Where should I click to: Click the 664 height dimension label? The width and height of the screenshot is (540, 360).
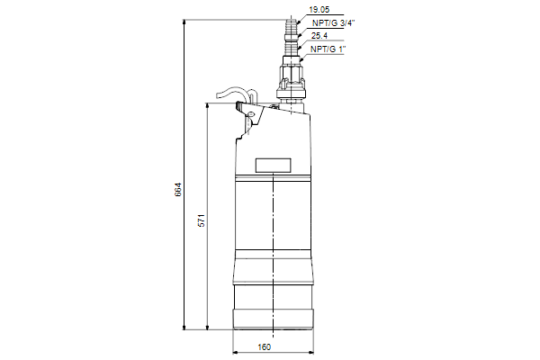click(x=177, y=190)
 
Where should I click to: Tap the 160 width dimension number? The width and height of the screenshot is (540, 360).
click(x=264, y=346)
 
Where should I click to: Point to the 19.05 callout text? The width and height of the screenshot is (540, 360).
click(x=319, y=10)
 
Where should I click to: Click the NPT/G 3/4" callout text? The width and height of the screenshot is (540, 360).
click(x=333, y=22)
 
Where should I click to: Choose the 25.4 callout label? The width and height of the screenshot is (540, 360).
click(x=319, y=35)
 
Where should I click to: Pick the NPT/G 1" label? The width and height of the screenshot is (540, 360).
click(x=328, y=49)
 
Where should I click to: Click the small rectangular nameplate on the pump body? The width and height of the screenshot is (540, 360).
click(x=273, y=166)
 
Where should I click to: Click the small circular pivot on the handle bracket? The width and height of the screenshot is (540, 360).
click(x=251, y=113)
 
